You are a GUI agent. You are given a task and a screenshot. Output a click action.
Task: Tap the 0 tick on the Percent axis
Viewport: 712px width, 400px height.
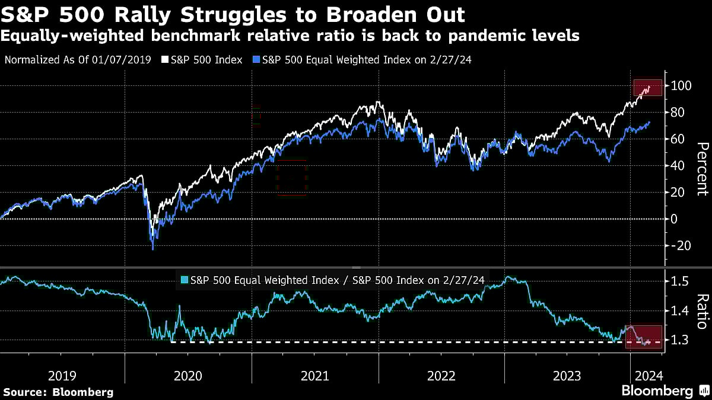(x=675, y=219)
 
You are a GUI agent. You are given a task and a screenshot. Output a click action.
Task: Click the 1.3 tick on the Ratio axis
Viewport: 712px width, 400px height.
(x=678, y=340)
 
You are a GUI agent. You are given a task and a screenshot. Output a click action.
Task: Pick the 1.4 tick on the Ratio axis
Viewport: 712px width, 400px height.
(x=678, y=311)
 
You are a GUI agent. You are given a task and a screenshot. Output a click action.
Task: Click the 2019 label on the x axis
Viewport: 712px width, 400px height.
(x=62, y=375)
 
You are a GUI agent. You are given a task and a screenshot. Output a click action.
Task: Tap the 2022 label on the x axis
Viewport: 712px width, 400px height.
(x=441, y=375)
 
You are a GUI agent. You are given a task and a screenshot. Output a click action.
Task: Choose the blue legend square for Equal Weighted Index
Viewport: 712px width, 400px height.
(x=256, y=60)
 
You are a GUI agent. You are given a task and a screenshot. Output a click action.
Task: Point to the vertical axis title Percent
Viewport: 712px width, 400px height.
(x=702, y=169)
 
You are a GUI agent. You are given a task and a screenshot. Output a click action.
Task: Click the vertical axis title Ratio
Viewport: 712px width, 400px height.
(x=702, y=311)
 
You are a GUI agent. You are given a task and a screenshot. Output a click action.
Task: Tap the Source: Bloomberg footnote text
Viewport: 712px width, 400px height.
(x=58, y=392)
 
